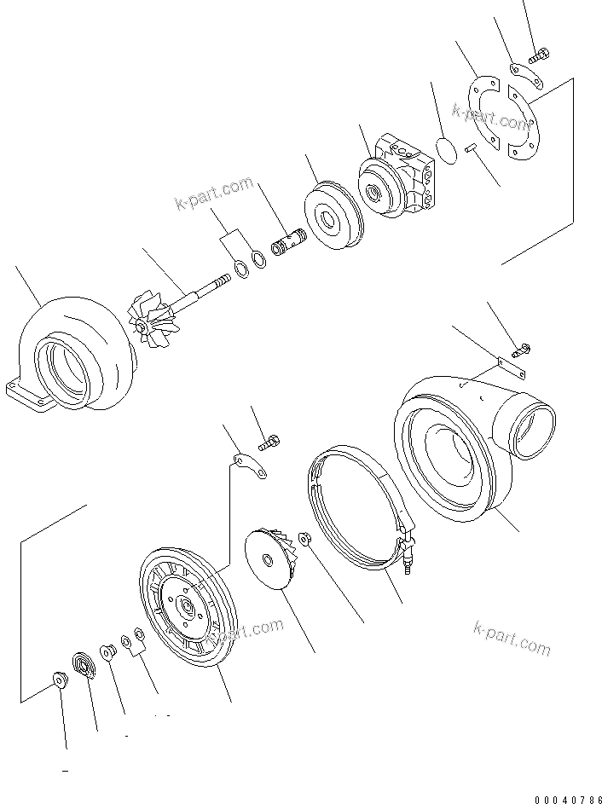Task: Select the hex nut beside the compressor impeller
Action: pos(306,540)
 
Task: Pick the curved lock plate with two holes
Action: pos(249,466)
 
